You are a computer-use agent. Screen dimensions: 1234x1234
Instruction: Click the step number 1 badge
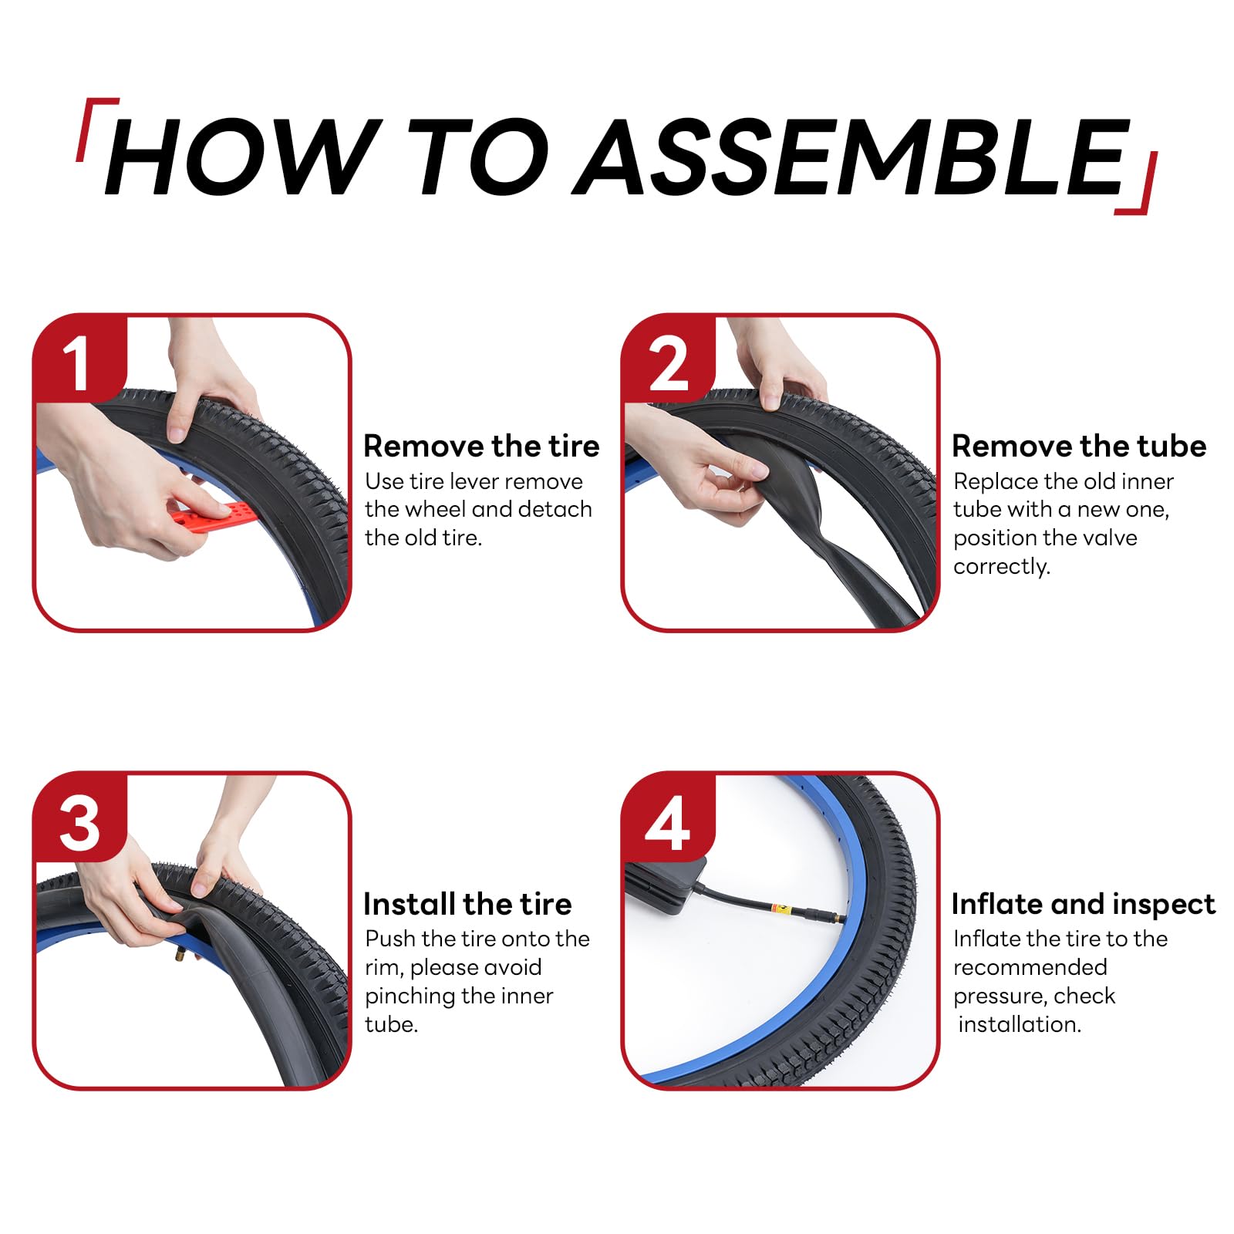[x=79, y=359]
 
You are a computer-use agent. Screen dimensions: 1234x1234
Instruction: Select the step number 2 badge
[x=668, y=359]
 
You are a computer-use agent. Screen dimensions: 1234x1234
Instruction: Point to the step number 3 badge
[x=79, y=818]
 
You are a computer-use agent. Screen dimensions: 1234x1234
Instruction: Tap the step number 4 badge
[x=668, y=818]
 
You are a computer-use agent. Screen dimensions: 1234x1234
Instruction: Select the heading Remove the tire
[x=481, y=447]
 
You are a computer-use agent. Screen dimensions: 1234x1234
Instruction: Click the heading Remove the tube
[x=1079, y=447]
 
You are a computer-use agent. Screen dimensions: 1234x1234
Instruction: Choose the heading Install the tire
[x=467, y=904]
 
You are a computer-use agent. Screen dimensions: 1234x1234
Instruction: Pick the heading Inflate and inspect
[x=1084, y=904]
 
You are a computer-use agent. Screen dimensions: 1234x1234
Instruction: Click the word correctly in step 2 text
[x=1002, y=567]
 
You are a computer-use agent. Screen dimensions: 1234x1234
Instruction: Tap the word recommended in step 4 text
[x=1030, y=967]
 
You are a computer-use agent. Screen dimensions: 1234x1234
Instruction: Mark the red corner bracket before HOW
[x=96, y=129]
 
